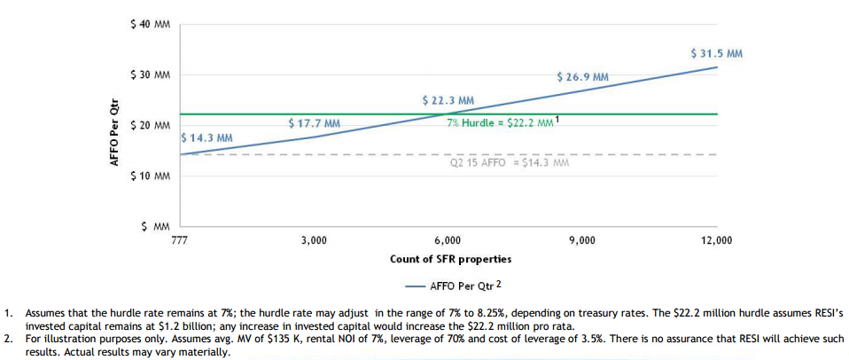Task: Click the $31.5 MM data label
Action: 716,53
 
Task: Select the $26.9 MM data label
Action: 582,77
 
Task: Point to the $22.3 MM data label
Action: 448,101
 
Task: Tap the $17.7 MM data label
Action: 315,123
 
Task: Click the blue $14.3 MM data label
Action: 206,138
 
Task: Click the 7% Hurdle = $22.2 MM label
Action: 502,122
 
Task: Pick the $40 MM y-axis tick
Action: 150,24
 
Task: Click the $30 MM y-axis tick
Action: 150,74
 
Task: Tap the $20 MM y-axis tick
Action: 150,125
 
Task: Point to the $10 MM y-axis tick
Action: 150,176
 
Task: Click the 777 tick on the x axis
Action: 179,240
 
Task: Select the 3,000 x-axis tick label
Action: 314,240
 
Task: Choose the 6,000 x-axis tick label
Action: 448,240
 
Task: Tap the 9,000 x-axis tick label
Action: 582,240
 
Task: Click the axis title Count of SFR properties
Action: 450,259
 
